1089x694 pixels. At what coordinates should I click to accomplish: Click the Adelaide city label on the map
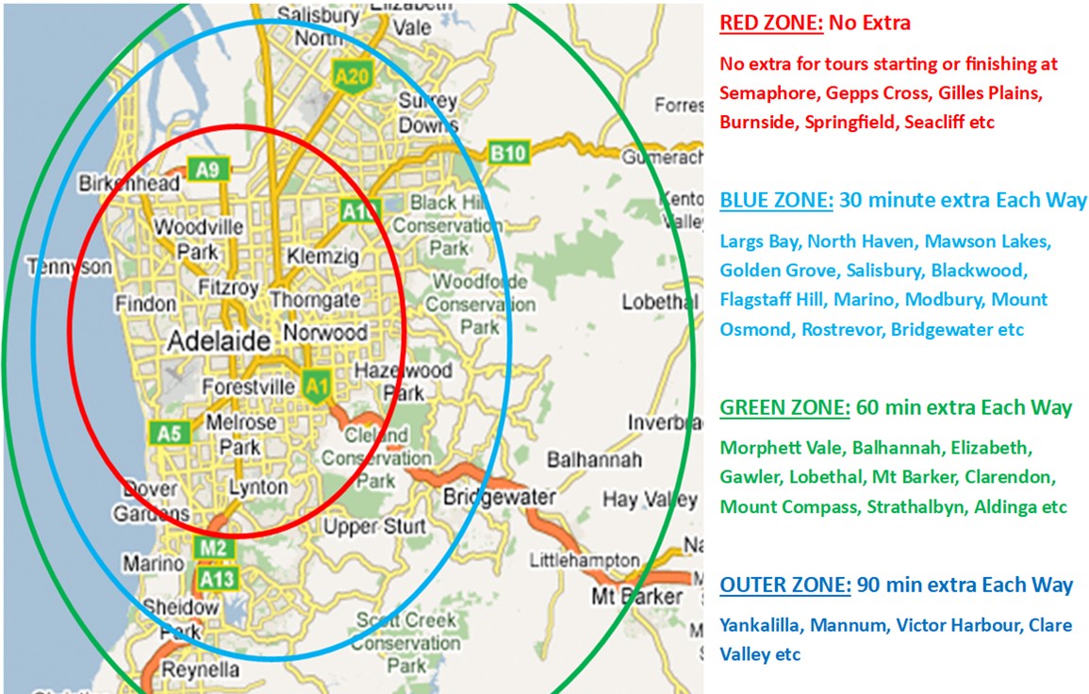(x=219, y=341)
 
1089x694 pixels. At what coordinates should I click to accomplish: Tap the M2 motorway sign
(x=212, y=548)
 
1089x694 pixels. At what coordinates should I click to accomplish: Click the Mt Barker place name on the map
(x=636, y=597)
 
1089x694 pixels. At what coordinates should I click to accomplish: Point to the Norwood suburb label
(x=325, y=333)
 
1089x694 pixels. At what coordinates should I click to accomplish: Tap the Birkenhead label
(x=130, y=184)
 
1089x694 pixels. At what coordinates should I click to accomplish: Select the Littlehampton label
(x=584, y=561)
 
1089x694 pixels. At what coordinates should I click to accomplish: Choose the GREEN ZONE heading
(x=783, y=408)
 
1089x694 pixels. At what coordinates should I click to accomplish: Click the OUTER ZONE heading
(x=783, y=585)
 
